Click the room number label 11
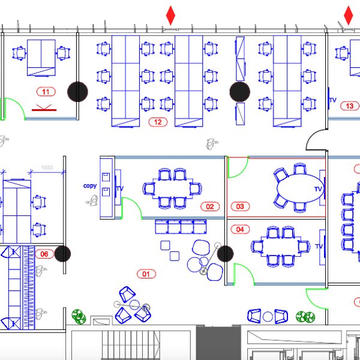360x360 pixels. pos(46,92)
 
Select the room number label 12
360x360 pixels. pos(158,122)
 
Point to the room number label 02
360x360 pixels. pos(210,207)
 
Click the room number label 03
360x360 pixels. pos(240,207)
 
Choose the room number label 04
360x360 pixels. pos(240,229)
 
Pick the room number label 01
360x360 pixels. pos(146,274)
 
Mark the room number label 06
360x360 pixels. pos(44,254)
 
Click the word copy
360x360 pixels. pos(90,186)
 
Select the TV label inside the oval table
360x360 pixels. pos(318,190)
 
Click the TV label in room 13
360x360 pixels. pos(332,101)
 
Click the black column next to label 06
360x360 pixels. pos(63,254)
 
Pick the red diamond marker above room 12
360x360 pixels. pos(171,15)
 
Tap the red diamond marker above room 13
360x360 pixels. pos(349,15)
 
